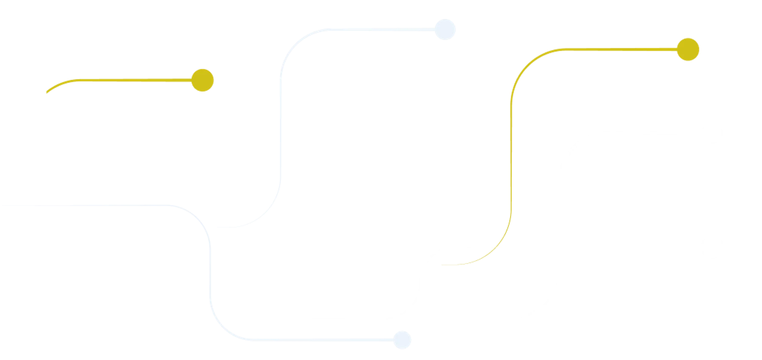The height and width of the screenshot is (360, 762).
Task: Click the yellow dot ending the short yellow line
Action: (202, 80)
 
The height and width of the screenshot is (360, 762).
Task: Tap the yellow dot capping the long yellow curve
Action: (688, 50)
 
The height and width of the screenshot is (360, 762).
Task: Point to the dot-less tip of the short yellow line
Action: (46, 93)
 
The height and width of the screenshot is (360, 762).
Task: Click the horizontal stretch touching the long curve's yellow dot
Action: (614, 50)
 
